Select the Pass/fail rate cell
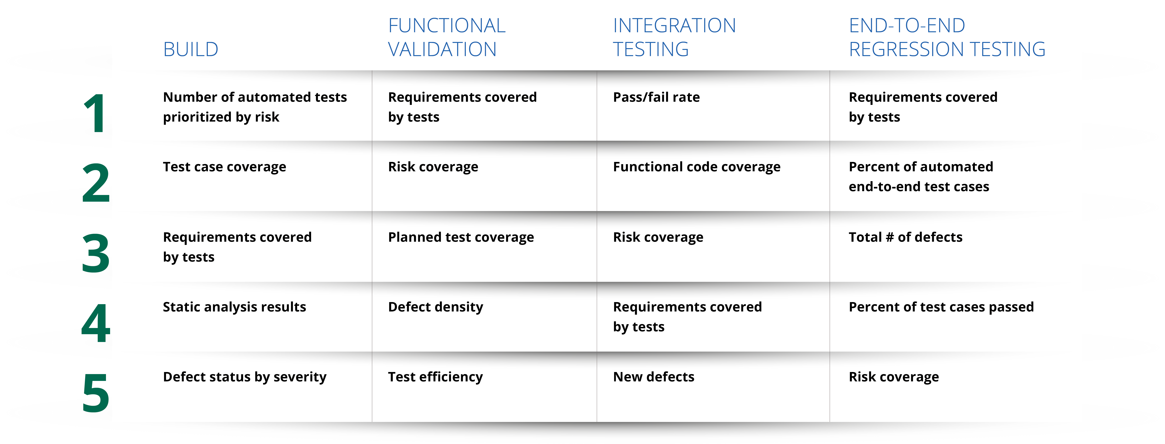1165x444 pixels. coord(656,97)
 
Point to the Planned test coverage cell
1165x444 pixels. coord(461,237)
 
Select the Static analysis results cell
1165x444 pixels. coord(234,307)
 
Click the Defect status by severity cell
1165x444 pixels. coord(245,377)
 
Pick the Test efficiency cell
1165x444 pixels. coord(435,377)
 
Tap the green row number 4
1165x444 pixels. coord(95,323)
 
